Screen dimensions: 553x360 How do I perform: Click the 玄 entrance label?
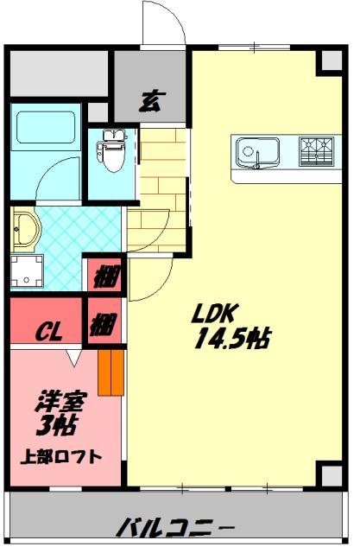149,99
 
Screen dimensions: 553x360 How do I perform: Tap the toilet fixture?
111,149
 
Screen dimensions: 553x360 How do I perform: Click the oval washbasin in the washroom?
25,230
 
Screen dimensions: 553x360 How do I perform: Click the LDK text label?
218,312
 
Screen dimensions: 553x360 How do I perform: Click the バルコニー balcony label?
176,524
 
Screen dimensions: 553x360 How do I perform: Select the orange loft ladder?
111,371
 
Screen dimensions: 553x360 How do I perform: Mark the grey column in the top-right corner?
329,60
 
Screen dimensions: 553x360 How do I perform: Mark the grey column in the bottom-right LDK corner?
329,474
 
